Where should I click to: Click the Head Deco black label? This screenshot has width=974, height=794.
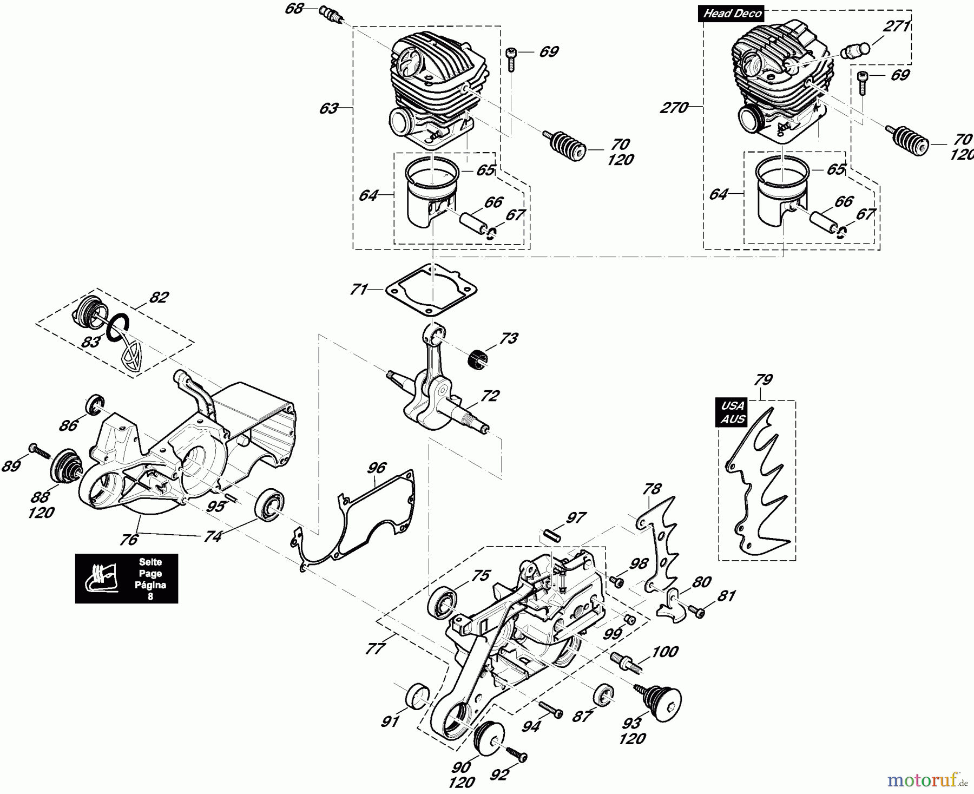click(x=732, y=14)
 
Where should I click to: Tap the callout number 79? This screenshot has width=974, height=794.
click(x=763, y=379)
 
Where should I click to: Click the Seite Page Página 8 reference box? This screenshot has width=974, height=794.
click(x=126, y=579)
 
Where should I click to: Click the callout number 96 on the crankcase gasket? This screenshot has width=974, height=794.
click(x=377, y=467)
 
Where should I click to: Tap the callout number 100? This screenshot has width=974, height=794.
click(x=665, y=651)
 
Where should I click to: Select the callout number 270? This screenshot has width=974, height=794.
click(x=674, y=108)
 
